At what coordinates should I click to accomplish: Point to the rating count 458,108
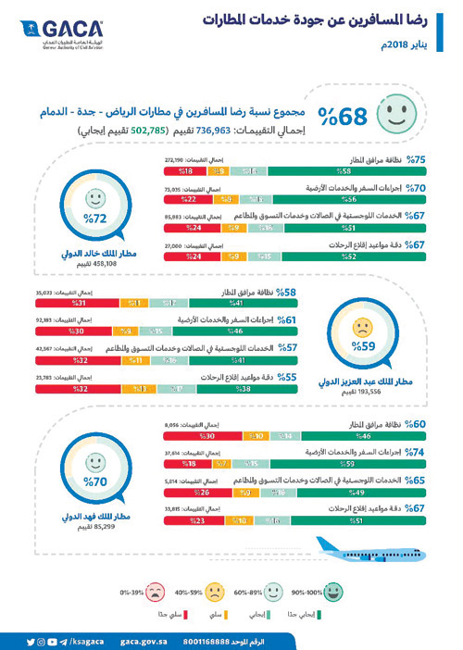tap(89, 264)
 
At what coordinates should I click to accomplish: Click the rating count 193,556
tap(361, 394)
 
